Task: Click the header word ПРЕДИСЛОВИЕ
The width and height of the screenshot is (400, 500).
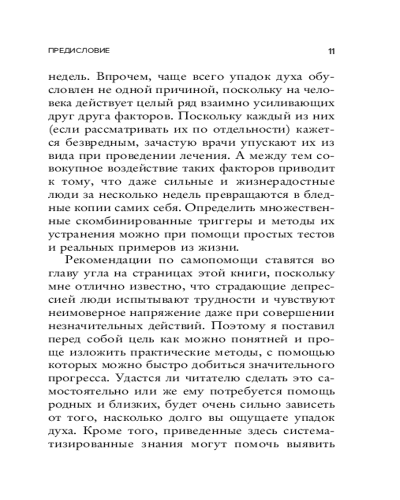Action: pos(78,51)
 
